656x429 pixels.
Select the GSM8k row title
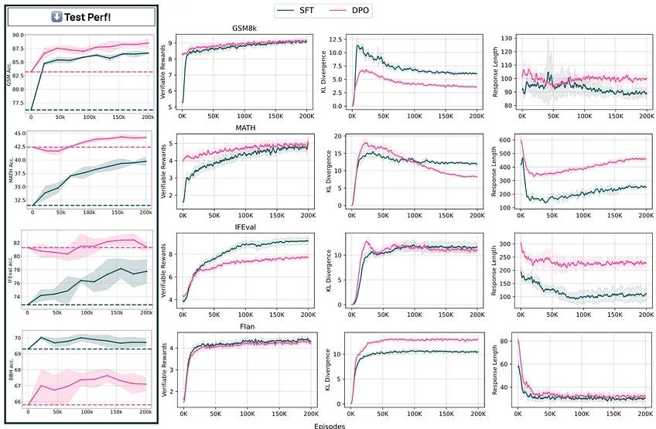point(244,29)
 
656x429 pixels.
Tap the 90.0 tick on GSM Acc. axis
point(19,35)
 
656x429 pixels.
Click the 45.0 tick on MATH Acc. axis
point(19,133)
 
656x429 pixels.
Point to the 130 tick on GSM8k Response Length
point(507,37)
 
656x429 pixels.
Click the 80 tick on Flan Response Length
point(510,340)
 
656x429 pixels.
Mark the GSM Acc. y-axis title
point(9,73)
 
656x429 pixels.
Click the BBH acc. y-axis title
point(9,369)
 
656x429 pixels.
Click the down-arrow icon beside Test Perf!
point(57,17)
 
